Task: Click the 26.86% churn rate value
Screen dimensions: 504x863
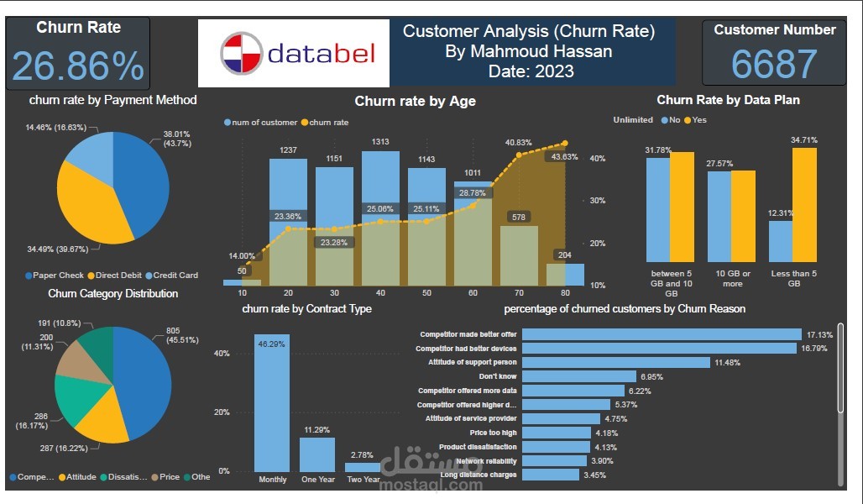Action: [x=78, y=66]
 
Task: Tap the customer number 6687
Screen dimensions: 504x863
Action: [x=773, y=64]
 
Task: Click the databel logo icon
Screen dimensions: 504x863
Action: [x=241, y=54]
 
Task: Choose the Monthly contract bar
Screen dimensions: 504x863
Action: [x=271, y=402]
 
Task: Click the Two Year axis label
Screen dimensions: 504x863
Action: [x=363, y=480]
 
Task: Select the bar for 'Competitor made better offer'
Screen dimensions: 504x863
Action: [x=661, y=334]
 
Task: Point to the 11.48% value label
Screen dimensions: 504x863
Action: [x=728, y=363]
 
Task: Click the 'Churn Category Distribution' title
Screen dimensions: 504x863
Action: [x=112, y=294]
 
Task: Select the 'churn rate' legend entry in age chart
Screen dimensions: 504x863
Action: [x=328, y=123]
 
